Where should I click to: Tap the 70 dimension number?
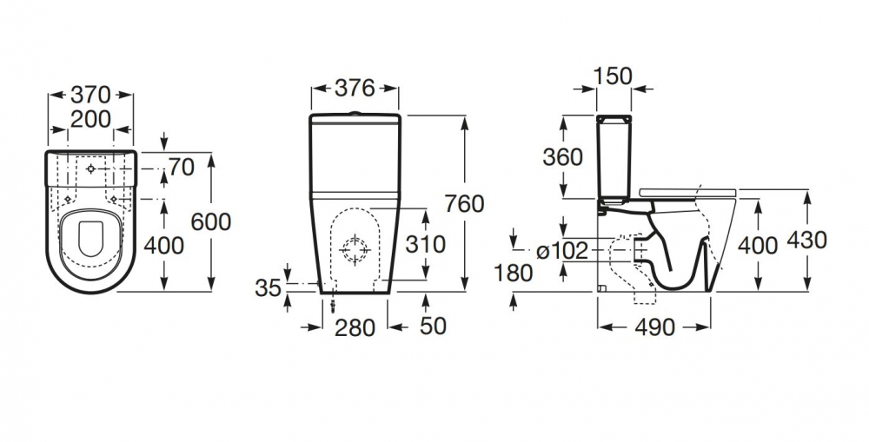pos(181,167)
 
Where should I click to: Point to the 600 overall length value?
pos(211,221)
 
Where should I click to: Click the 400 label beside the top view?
pos(164,245)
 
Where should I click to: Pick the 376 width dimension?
pos(355,89)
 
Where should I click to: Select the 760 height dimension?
pos(463,204)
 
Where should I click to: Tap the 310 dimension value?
pos(426,244)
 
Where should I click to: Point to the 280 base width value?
pos(355,327)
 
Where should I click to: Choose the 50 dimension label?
pos(433,326)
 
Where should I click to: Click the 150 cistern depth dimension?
pos(614,76)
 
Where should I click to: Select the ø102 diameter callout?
pos(563,251)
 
